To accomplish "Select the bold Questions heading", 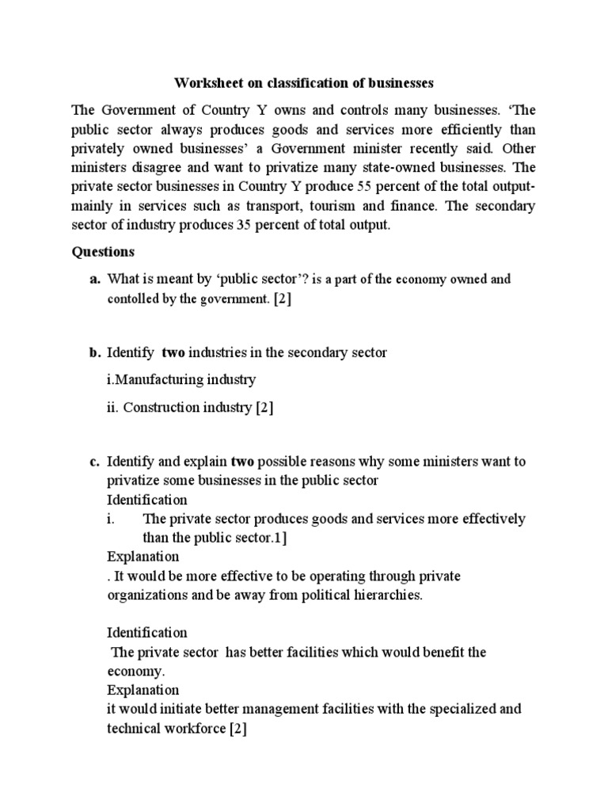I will point(103,252).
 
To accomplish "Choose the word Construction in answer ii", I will point(158,407).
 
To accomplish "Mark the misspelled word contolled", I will point(135,299).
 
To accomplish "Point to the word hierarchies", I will point(386,595).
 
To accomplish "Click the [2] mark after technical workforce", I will point(238,729).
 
